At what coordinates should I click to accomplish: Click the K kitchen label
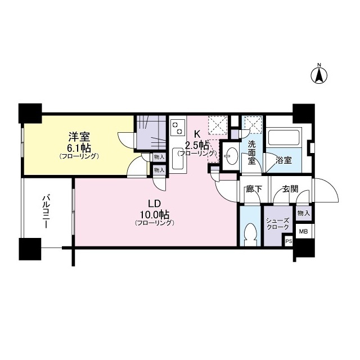197,134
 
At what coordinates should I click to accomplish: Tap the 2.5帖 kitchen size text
197,144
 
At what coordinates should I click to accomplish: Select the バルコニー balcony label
47,212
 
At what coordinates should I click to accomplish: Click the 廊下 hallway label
254,189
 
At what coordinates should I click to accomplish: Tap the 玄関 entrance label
290,189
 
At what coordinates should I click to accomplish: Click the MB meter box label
303,231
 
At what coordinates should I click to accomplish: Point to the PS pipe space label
289,241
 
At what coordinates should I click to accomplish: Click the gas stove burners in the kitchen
177,127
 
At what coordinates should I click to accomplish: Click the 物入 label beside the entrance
303,213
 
